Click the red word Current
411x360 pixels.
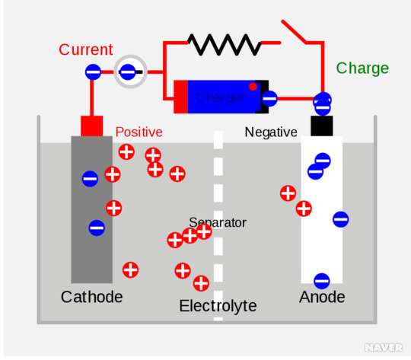(x=86, y=49)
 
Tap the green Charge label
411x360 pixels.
(x=362, y=69)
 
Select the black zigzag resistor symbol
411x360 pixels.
(x=225, y=45)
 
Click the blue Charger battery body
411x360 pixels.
(x=221, y=97)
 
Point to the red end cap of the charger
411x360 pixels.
(x=180, y=97)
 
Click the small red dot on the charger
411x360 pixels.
(x=253, y=86)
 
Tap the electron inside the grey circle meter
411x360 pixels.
(x=127, y=72)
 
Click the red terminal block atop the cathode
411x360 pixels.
(x=92, y=126)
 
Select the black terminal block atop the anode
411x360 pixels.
(x=322, y=126)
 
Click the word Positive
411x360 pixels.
(x=139, y=132)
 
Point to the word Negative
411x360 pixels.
(x=271, y=132)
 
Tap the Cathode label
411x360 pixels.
(x=92, y=297)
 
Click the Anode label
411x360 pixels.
(x=322, y=297)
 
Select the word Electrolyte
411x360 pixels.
(x=218, y=306)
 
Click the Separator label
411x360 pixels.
(x=218, y=223)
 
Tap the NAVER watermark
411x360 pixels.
(x=384, y=347)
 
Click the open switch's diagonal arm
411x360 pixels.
(x=294, y=31)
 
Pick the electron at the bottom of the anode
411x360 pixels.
(x=322, y=281)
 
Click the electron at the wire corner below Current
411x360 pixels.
(x=93, y=72)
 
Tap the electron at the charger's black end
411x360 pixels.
(x=269, y=99)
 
